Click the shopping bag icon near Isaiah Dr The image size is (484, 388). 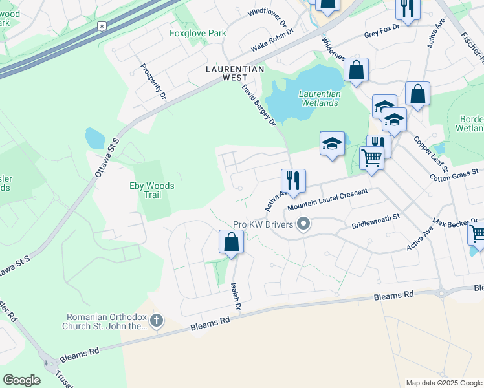coord(231,242)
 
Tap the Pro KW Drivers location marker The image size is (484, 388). coord(303,224)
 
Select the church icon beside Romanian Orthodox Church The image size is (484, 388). coord(156,321)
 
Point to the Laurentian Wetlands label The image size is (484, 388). coord(318,98)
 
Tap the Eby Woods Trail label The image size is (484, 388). coord(152,190)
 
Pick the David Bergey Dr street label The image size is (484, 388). coord(259,104)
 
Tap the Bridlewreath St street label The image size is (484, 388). coord(376,223)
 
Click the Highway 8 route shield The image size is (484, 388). coord(101,26)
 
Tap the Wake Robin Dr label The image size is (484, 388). coord(272,39)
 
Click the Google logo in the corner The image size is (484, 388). coord(21,380)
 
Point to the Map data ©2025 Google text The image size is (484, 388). coord(443,383)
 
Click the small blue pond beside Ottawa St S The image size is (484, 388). coord(94,138)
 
